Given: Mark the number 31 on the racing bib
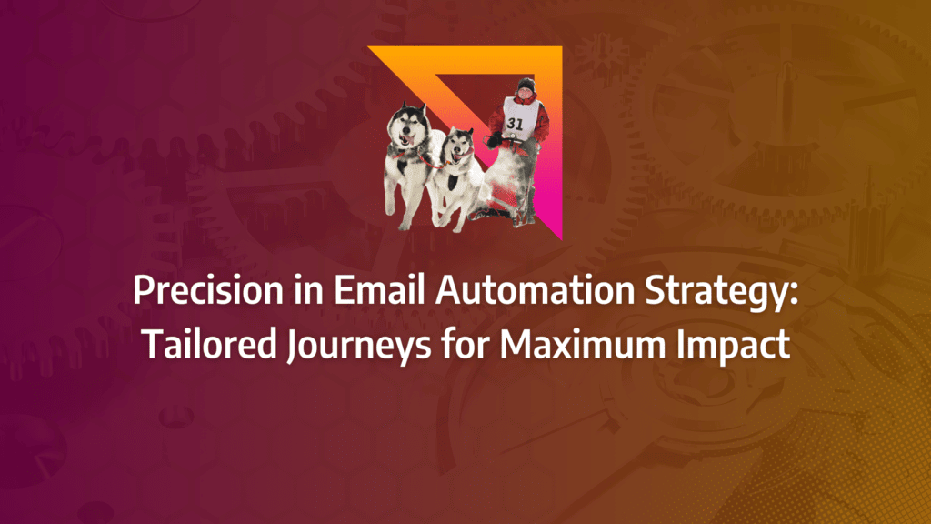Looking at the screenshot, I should tap(516, 124).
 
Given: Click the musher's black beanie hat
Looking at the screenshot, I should tap(526, 85).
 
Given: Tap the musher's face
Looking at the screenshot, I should tap(526, 94).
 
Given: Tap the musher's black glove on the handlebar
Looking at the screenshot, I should tap(494, 141).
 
